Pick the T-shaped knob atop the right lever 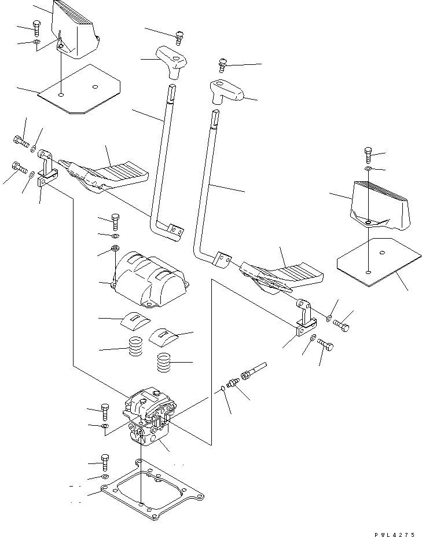coord(227,90)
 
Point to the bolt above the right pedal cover coord(369,155)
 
